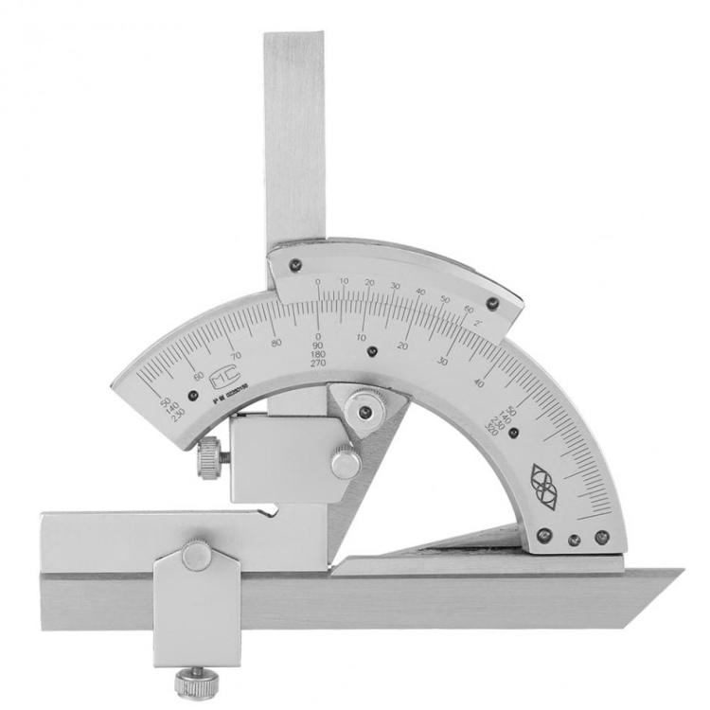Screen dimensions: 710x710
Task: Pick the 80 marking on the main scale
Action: click(x=276, y=343)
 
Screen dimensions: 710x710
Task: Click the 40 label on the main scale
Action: click(x=478, y=382)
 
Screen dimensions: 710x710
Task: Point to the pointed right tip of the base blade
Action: click(x=680, y=571)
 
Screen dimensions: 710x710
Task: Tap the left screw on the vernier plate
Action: click(x=295, y=265)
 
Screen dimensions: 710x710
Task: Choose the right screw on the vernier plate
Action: click(x=491, y=303)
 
